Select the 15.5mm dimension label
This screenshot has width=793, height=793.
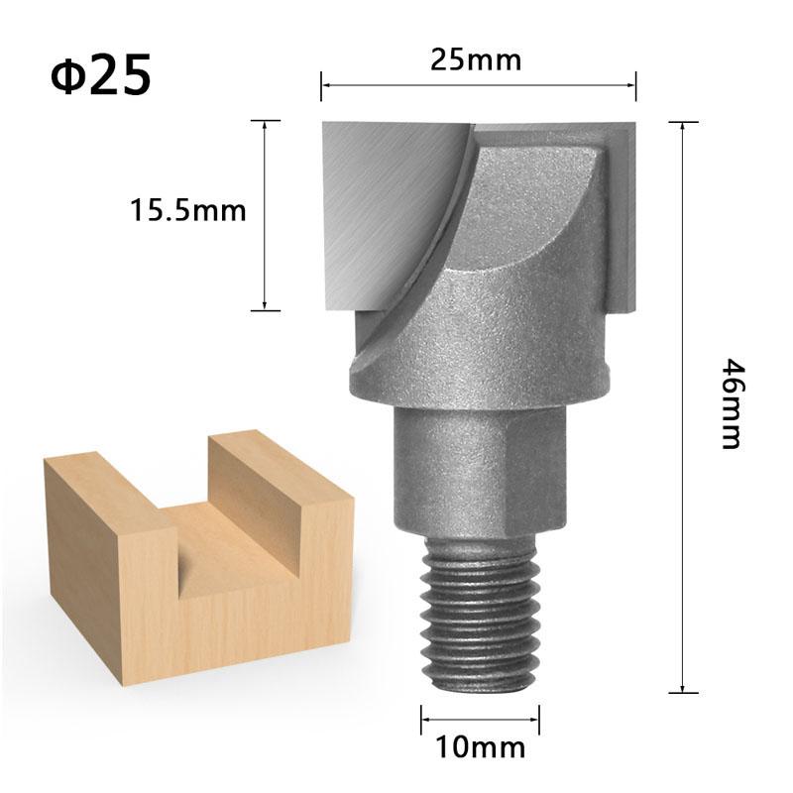(x=187, y=210)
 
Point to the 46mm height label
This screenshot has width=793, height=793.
(x=730, y=404)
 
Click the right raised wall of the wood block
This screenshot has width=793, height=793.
(x=283, y=496)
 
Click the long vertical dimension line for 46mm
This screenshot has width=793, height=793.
(x=683, y=406)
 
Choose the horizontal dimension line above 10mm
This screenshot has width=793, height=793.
(x=480, y=720)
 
